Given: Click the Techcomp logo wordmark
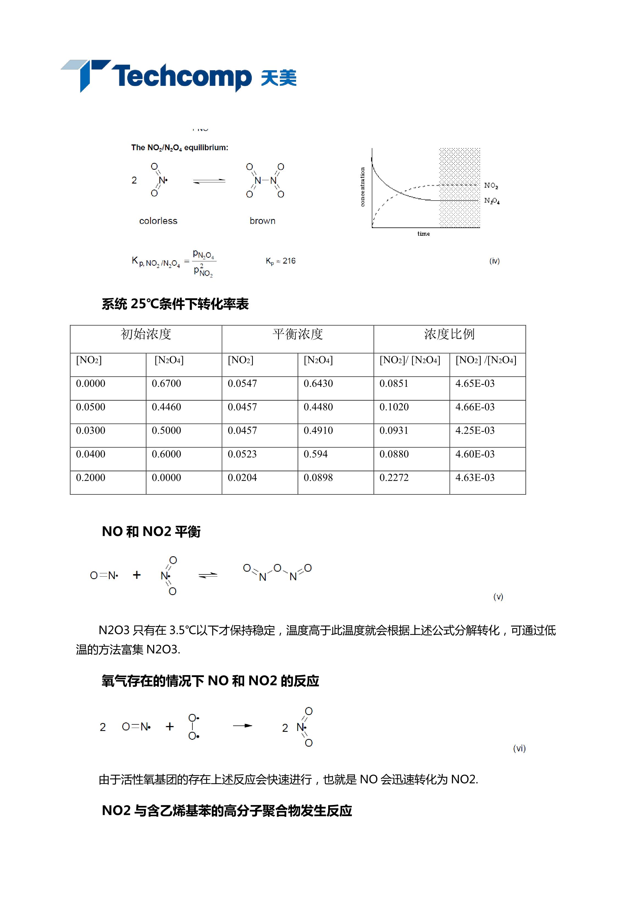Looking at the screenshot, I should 181,76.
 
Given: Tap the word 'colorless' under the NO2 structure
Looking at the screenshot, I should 158,221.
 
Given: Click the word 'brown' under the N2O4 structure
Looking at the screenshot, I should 262,221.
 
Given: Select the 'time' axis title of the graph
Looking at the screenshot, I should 424,234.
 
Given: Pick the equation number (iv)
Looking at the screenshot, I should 494,261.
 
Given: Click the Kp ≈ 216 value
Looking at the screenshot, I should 280,261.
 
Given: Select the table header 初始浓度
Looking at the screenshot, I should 146,334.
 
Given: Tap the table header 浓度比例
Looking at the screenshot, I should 449,334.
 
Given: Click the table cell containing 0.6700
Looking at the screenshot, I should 166,384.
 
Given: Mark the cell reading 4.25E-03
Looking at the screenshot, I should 475,431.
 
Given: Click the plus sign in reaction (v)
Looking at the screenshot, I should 136,575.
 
